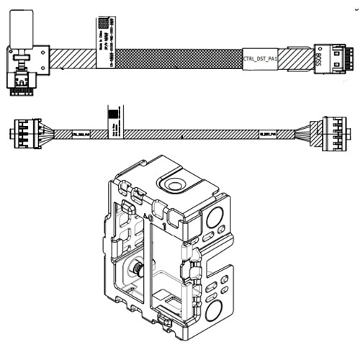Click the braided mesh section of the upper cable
click(180, 58)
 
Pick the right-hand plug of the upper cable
click(333, 58)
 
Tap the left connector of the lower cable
click(22, 134)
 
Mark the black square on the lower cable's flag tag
click(111, 112)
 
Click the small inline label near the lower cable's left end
click(78, 134)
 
